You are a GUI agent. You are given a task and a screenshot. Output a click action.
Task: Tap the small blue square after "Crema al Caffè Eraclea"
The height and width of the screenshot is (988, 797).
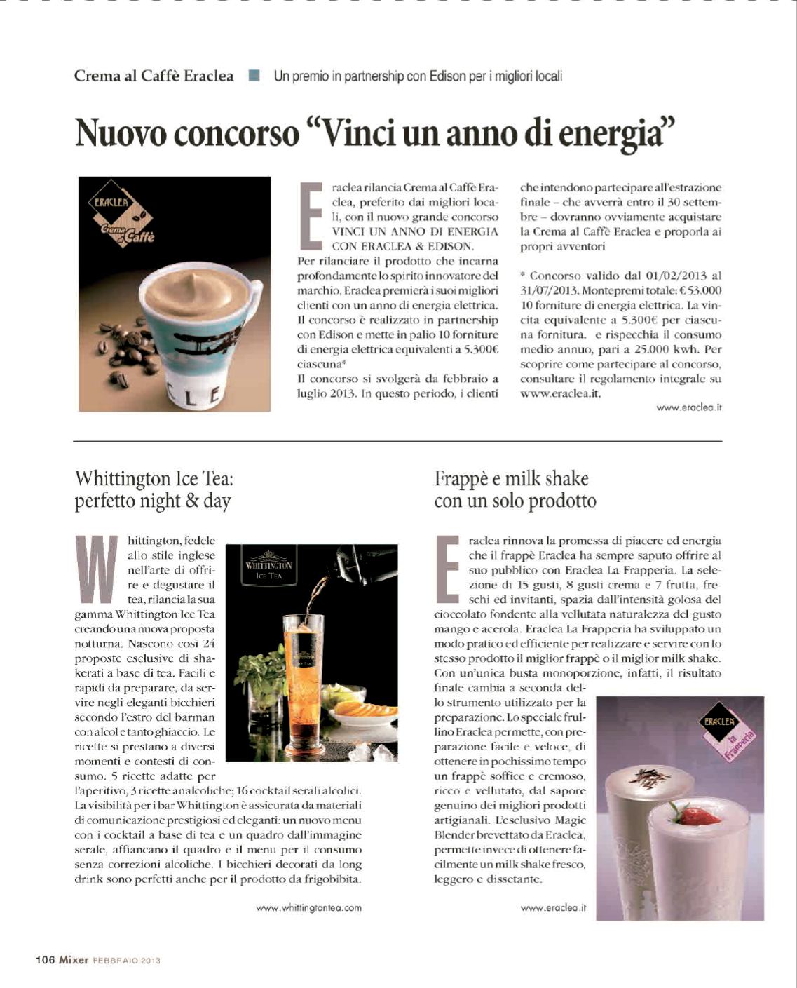[254, 75]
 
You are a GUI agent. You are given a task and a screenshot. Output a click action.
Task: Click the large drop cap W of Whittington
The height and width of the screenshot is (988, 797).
[96, 569]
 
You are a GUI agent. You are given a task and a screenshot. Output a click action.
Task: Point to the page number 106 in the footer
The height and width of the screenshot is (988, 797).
[46, 960]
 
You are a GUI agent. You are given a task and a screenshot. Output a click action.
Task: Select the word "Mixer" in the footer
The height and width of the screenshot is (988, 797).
[74, 960]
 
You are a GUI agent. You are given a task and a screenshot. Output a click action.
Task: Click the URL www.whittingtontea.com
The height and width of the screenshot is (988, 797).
[309, 907]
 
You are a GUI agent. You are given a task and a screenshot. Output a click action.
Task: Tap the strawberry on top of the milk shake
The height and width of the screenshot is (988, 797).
[695, 815]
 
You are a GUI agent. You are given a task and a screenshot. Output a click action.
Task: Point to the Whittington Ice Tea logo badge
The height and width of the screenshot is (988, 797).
[268, 566]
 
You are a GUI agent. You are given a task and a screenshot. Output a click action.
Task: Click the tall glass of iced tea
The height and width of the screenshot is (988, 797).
[304, 673]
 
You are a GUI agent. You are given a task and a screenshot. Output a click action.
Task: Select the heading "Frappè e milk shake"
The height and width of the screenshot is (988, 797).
[511, 479]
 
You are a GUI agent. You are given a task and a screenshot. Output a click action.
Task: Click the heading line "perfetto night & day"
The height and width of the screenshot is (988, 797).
[153, 501]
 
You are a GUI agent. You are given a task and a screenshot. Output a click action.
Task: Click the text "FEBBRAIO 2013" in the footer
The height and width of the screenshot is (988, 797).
[127, 961]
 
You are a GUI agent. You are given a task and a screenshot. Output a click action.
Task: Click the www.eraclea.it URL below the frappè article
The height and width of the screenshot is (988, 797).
[553, 907]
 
